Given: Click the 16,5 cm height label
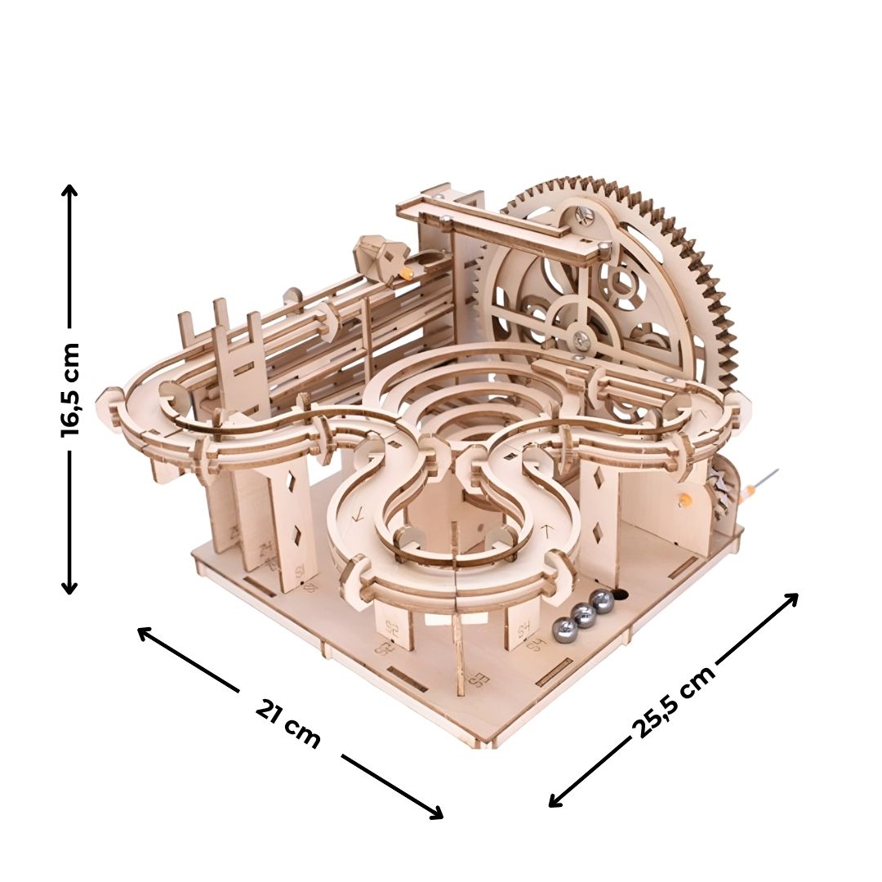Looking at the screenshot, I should point(71,390).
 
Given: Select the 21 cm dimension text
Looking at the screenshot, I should point(287,724).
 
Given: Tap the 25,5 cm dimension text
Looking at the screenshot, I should point(674,701).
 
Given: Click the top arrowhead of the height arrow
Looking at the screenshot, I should point(70,190).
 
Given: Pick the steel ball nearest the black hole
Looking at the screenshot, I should point(603,603).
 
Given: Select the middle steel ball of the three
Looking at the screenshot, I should point(583,615).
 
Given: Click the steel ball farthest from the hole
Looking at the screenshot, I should point(562,628).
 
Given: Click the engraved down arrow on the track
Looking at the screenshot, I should point(357,516).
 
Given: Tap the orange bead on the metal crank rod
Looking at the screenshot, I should point(746,492).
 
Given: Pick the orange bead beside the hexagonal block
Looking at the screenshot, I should point(403,274).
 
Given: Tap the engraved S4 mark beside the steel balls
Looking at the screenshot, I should point(535,643).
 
